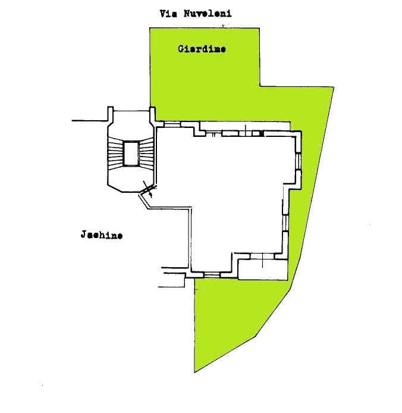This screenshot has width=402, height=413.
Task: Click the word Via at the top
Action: pyautogui.click(x=167, y=12)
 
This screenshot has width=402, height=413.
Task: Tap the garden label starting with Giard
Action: pyautogui.click(x=202, y=49)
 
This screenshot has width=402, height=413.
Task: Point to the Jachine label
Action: pyautogui.click(x=102, y=235)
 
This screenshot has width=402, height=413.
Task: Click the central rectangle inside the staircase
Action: pyautogui.click(x=130, y=154)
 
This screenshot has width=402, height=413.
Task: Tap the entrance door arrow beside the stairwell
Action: pyautogui.click(x=150, y=192)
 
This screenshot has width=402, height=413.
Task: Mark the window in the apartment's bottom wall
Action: pyautogui.click(x=212, y=274)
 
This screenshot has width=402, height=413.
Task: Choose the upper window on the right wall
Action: pyautogui.click(x=299, y=161)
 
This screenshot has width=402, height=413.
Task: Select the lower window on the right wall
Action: pyautogui.click(x=287, y=222)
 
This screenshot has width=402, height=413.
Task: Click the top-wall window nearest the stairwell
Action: pyautogui.click(x=172, y=124)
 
